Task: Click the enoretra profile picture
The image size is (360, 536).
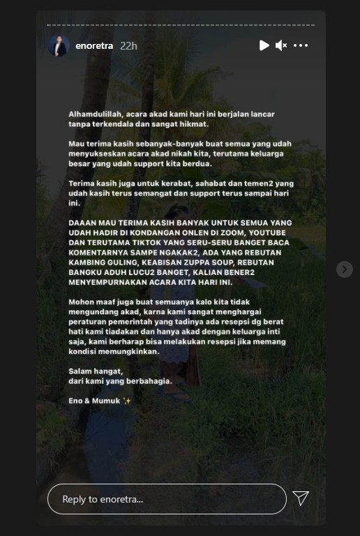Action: [58, 46]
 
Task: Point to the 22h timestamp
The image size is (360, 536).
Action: [128, 46]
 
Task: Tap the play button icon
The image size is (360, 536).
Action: [264, 46]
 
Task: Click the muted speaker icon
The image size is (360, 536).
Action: [281, 46]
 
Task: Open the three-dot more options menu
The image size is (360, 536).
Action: [301, 46]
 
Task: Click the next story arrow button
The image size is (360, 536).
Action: [344, 269]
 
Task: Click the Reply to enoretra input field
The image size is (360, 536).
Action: [167, 499]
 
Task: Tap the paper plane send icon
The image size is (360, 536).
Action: [301, 498]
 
